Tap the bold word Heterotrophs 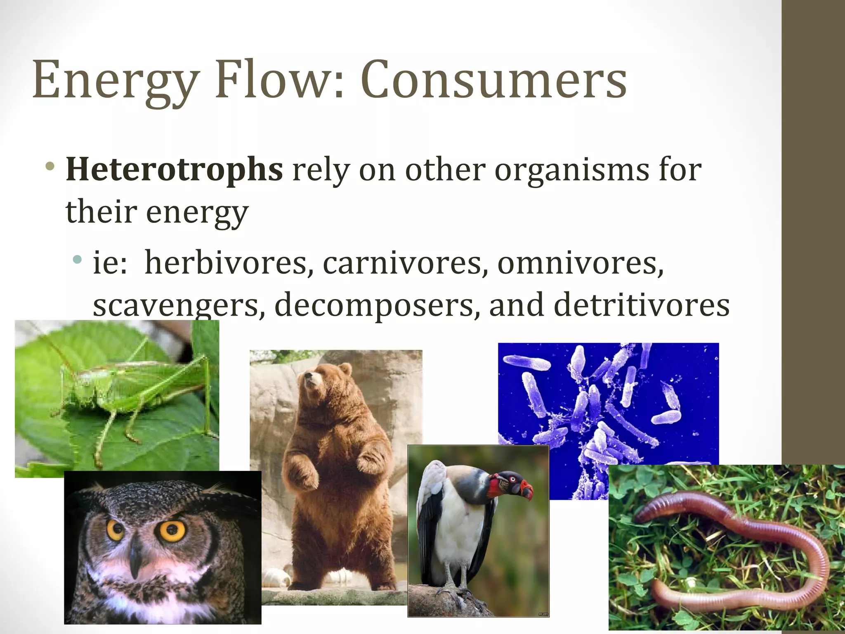pyautogui.click(x=174, y=170)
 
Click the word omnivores pyautogui.click(x=580, y=263)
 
